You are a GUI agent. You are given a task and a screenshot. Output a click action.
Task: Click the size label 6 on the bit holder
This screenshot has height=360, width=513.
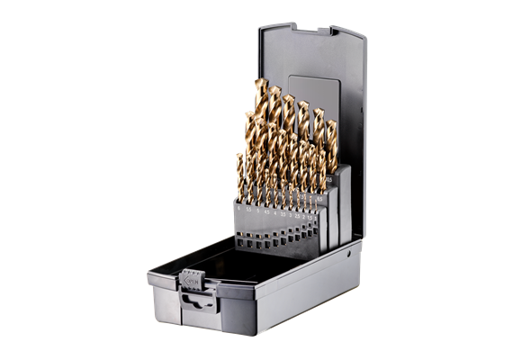[x=238, y=210]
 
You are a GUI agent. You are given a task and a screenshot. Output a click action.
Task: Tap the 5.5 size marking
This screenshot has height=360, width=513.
[x=247, y=211]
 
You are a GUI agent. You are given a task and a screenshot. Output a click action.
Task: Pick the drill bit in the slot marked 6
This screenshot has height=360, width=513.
[x=239, y=180]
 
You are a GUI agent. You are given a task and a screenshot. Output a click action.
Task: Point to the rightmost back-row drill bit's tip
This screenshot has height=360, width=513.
[x=330, y=121]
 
